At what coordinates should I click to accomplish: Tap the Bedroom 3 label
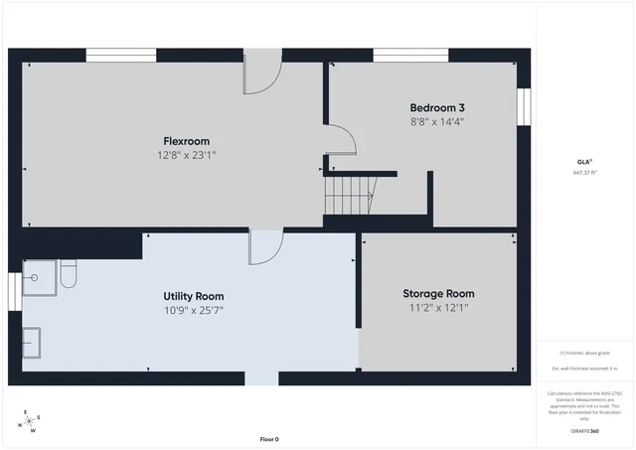(x=437, y=107)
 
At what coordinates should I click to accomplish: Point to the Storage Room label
(x=438, y=294)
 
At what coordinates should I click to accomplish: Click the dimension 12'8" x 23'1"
(x=187, y=155)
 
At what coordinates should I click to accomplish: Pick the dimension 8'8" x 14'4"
(x=437, y=121)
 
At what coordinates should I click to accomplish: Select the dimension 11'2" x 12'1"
(x=438, y=308)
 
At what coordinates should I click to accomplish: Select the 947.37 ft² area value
(x=584, y=172)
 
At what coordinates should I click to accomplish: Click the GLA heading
(x=584, y=161)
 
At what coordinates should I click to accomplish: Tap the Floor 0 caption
(x=269, y=439)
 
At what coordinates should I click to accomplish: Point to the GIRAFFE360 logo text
(x=584, y=431)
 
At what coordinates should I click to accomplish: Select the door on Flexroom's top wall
(x=262, y=72)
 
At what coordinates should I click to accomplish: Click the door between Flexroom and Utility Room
(x=265, y=247)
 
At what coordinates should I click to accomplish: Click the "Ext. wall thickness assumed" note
(x=584, y=369)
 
